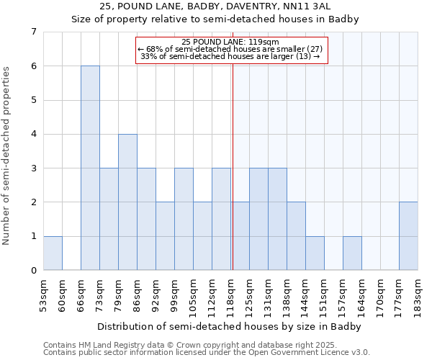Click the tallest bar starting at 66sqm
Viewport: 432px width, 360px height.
[90, 168]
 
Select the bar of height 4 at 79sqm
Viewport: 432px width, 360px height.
[127, 202]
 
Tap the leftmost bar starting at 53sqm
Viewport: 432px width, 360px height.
[53, 253]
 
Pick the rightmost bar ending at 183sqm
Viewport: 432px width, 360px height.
[408, 235]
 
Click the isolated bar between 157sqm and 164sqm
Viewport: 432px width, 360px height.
[352, 253]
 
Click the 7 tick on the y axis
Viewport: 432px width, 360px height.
[33, 32]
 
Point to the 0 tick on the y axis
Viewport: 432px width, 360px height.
[33, 271]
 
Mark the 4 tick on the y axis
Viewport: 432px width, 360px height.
[33, 134]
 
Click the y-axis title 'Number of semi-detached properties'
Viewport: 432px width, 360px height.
[7, 156]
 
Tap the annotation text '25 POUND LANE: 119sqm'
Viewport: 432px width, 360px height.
[230, 42]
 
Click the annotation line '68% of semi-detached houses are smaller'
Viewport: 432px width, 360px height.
[230, 49]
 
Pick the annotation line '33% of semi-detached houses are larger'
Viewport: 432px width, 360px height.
[230, 56]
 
